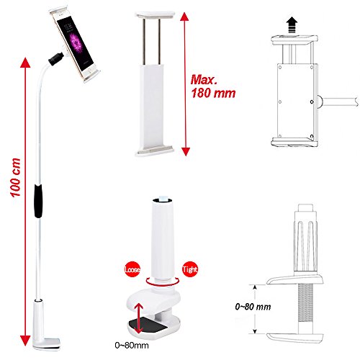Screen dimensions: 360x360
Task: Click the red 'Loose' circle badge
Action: (x=132, y=269)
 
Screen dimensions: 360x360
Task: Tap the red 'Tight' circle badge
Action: (x=190, y=269)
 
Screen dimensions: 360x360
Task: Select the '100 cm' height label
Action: (x=15, y=178)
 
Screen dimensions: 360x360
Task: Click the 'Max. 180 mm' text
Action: (x=213, y=86)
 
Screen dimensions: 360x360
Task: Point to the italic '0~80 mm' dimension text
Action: (x=253, y=307)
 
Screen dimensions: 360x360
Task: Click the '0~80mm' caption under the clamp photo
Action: (x=132, y=346)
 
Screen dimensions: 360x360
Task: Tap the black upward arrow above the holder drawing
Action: (x=292, y=24)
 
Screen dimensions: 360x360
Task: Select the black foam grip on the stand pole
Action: (x=38, y=201)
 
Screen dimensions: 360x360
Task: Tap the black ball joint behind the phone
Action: (x=56, y=59)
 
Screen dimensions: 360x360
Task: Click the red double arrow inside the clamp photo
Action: (x=138, y=318)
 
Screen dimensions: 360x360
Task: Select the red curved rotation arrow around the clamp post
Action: (x=163, y=284)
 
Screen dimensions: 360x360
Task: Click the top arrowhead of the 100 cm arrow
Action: (x=24, y=63)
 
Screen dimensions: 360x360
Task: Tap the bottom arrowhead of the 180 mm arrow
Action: (x=186, y=151)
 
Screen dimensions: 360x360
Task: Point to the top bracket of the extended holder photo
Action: (x=156, y=14)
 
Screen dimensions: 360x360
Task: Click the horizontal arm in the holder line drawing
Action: (x=339, y=101)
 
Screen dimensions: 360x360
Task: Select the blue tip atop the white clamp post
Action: (x=163, y=198)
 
